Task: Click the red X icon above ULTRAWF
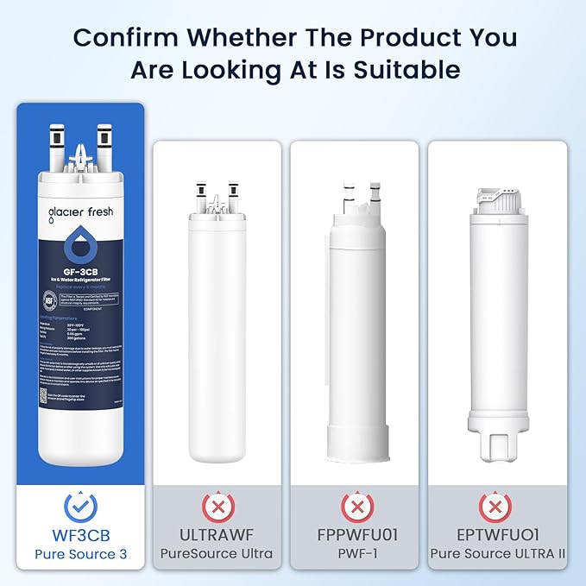tap(217, 505)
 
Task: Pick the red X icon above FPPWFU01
tap(355, 505)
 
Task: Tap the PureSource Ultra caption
tap(217, 554)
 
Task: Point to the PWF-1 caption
tap(355, 554)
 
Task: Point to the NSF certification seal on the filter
tap(49, 299)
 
